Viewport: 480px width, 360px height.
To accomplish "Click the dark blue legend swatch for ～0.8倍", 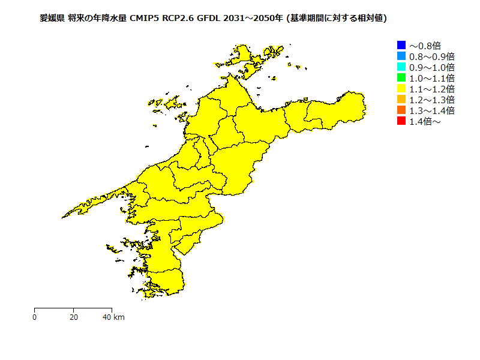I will (401, 45).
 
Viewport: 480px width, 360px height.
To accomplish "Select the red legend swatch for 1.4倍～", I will (401, 121).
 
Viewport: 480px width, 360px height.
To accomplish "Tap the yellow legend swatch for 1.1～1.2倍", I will (401, 89).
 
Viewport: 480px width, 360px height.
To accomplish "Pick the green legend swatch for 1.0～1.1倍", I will (401, 77).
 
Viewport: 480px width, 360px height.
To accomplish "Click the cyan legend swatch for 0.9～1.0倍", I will (401, 67).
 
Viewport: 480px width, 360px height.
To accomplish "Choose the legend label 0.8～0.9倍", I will (431, 56).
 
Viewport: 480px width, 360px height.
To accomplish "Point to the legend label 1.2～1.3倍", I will (431, 100).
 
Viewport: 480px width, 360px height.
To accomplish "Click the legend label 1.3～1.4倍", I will (431, 110).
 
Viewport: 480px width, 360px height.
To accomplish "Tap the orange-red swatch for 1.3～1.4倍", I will (401, 110).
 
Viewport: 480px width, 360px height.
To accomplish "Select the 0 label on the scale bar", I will (35, 317).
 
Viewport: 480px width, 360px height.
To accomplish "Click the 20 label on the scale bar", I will (73, 317).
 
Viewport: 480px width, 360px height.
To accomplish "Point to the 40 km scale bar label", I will (113, 317).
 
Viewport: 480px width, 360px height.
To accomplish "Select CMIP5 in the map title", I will (146, 19).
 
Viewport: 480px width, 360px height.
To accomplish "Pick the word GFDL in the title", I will (209, 19).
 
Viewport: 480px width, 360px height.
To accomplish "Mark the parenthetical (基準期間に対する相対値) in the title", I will (337, 19).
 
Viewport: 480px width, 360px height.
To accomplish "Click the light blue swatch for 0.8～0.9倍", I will (401, 56).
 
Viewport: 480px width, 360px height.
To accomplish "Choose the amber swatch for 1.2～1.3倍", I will (401, 100).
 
